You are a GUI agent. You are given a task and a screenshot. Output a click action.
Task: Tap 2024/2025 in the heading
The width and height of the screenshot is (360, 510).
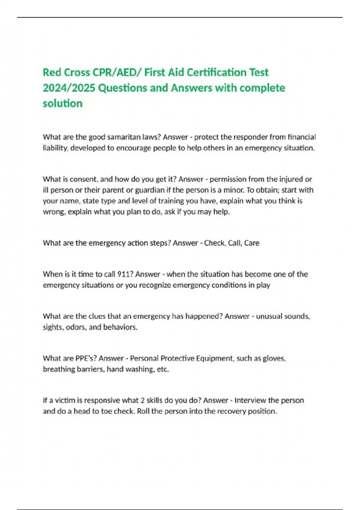[x=69, y=88]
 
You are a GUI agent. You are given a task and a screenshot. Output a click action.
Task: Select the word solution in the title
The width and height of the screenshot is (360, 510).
[x=62, y=103]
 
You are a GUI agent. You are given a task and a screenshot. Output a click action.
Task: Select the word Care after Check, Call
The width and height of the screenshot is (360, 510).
[x=252, y=243]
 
